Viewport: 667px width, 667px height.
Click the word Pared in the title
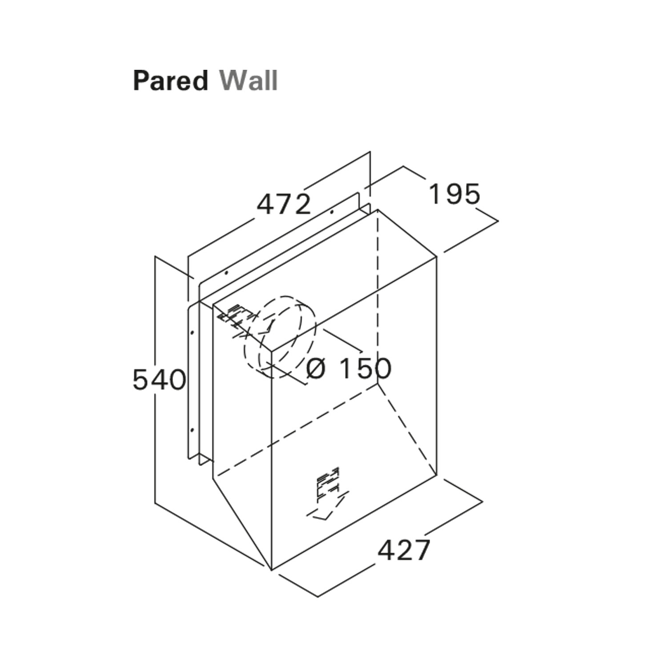pyautogui.click(x=170, y=81)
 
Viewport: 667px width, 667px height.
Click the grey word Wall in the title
pyautogui.click(x=249, y=81)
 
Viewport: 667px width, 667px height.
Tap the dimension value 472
pyautogui.click(x=284, y=205)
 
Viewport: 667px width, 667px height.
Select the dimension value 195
pyautogui.click(x=454, y=194)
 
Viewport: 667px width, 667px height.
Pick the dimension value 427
pyautogui.click(x=404, y=550)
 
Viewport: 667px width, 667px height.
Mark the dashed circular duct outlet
pyautogui.click(x=279, y=337)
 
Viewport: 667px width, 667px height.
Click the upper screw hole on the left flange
pyautogui.click(x=192, y=332)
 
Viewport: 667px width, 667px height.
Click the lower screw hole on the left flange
pyautogui.click(x=192, y=430)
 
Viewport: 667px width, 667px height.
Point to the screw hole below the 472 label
pyautogui.click(x=226, y=272)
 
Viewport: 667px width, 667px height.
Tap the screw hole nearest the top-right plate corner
pyautogui.click(x=332, y=213)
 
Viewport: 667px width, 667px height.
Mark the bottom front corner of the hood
pyautogui.click(x=271, y=570)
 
